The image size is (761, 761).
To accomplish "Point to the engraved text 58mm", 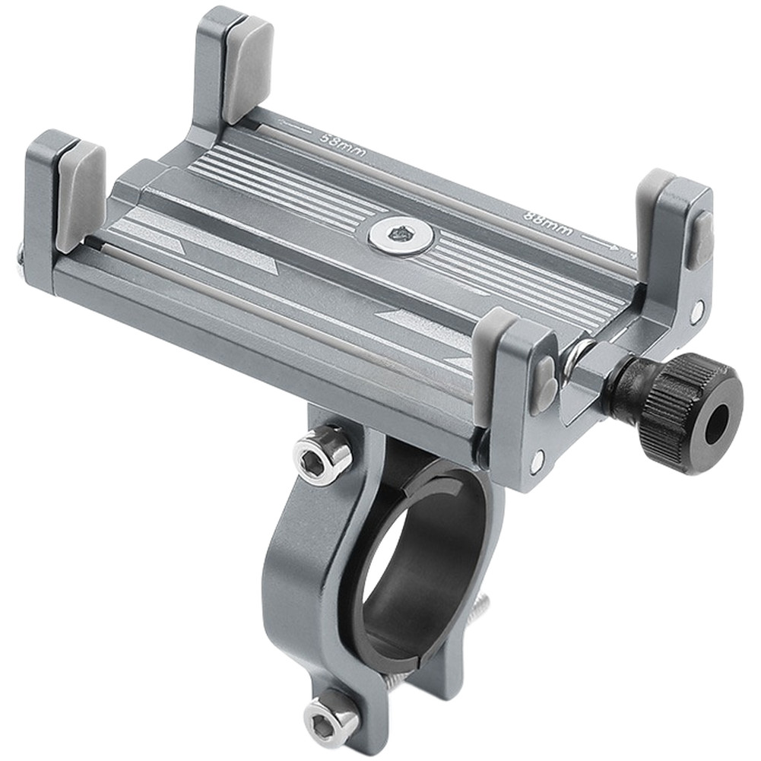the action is click(343, 144).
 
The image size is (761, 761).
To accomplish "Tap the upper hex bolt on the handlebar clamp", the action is click(319, 453).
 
